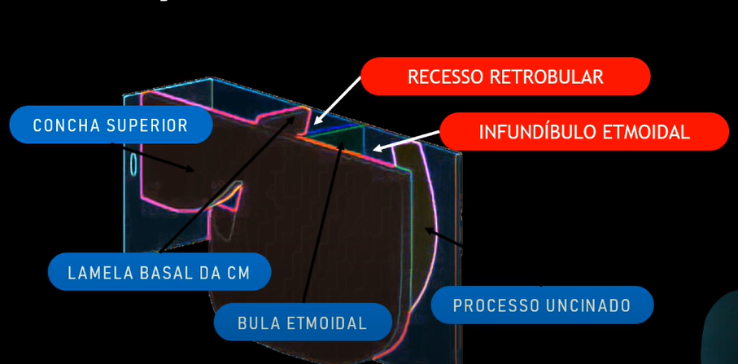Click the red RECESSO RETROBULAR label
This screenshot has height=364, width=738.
coord(505,77)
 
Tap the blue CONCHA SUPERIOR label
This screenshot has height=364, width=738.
coord(111,125)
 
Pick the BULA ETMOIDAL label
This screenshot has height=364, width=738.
coord(303,322)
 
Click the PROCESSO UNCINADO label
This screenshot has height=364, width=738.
coord(542,306)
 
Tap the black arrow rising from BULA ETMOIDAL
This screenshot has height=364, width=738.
coord(323,220)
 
